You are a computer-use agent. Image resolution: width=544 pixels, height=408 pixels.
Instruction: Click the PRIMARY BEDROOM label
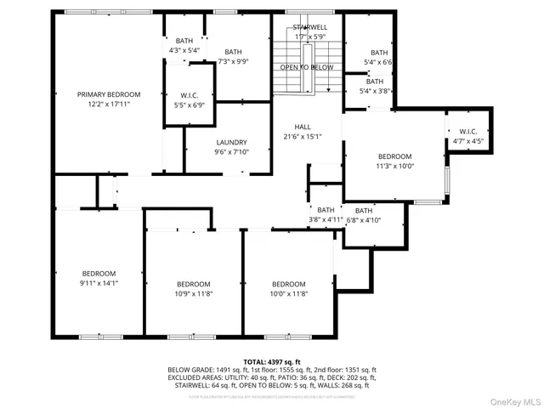[109, 93]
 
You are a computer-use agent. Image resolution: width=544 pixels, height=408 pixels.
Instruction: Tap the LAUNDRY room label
[231, 142]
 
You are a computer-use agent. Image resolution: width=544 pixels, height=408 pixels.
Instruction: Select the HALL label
[303, 127]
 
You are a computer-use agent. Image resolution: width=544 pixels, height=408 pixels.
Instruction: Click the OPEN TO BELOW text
[307, 66]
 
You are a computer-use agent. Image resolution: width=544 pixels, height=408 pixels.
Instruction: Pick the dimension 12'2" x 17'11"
[109, 104]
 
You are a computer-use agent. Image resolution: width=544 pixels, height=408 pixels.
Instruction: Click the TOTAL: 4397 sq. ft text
[272, 360]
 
